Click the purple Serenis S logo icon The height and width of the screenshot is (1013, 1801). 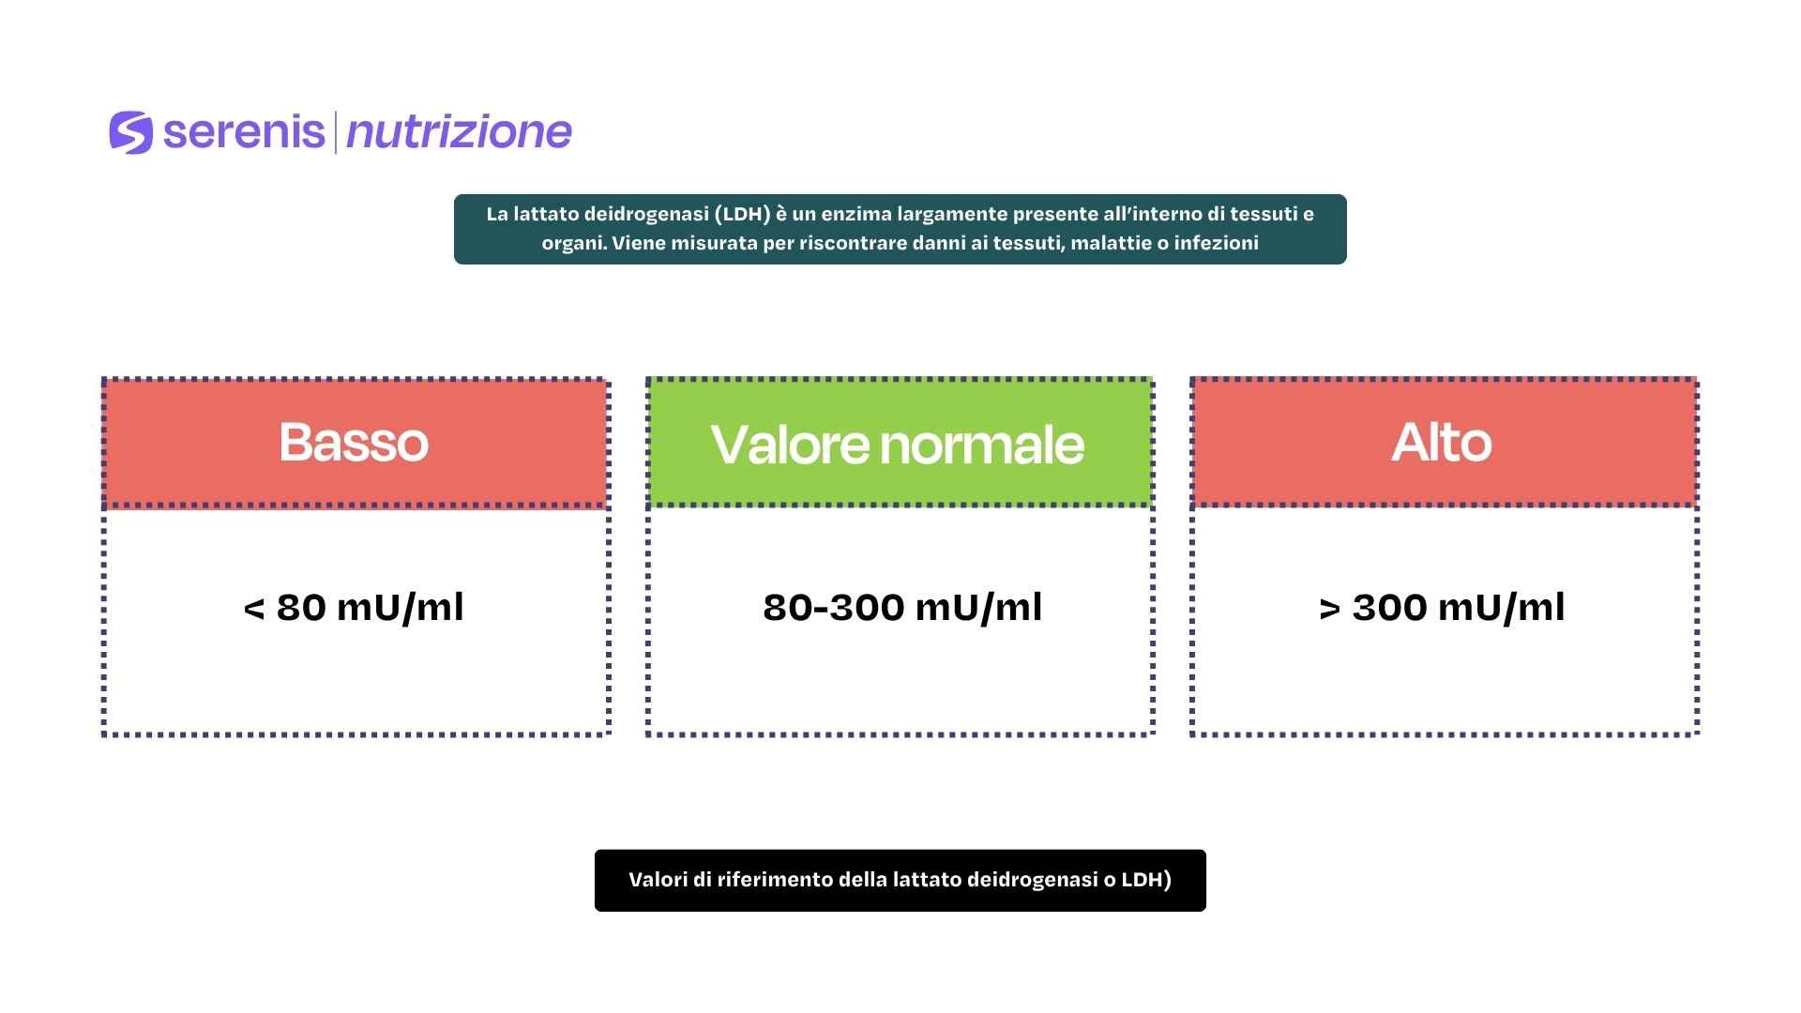(x=130, y=132)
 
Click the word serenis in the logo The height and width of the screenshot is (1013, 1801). (x=244, y=132)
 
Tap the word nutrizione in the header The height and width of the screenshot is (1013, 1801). (x=459, y=132)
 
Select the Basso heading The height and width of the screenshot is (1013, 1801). (x=354, y=442)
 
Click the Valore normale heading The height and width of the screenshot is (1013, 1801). (x=898, y=444)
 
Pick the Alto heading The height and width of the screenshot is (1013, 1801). (x=1442, y=442)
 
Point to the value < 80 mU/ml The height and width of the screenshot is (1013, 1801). (x=354, y=607)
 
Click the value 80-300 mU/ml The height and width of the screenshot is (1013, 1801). (x=902, y=607)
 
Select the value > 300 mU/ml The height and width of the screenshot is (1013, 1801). (x=1442, y=607)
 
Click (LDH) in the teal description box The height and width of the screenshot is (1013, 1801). (x=742, y=214)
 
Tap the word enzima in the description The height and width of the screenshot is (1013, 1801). (x=856, y=214)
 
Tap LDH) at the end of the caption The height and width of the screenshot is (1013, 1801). (x=1147, y=880)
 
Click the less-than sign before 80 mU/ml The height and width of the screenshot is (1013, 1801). (x=253, y=609)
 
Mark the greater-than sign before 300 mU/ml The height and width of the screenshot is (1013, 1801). (x=1329, y=609)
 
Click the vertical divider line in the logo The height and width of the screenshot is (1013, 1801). (x=335, y=132)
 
